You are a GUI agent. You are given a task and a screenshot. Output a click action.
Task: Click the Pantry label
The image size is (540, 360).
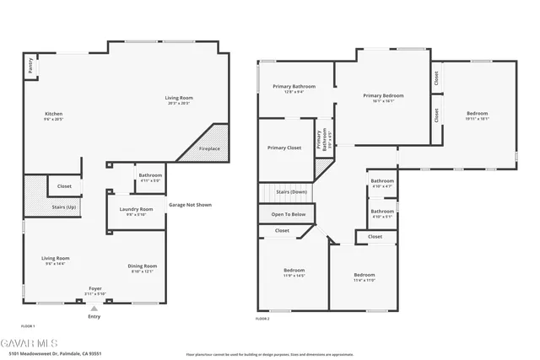pos(31,62)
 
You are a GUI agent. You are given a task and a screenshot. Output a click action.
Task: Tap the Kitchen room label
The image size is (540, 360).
pos(53,114)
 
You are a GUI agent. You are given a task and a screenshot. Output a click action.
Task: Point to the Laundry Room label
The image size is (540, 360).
pos(136,209)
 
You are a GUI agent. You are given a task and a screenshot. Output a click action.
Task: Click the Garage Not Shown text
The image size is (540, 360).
pos(190,205)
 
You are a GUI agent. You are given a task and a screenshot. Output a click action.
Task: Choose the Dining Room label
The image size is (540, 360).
pos(143,266)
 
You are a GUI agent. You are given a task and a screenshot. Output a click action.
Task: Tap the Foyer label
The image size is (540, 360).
pos(95,289)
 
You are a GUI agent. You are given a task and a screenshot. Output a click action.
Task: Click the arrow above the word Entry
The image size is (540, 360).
pos(94,309)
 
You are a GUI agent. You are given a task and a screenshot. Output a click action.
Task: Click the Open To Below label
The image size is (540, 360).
pos(288,215)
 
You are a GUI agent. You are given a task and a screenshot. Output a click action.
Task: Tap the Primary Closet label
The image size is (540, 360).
pos(284,148)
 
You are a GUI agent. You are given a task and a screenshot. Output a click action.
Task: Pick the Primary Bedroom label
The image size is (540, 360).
pos(384,96)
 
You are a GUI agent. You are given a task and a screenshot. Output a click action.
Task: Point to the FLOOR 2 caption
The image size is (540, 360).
pos(262,319)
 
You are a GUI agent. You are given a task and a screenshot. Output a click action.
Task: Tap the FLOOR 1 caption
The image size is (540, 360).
pos(27,325)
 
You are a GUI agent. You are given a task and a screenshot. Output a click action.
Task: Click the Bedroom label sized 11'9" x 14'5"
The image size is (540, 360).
pos(294,271)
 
